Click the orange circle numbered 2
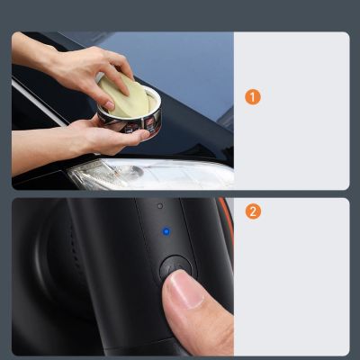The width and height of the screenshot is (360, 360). tap(253, 212)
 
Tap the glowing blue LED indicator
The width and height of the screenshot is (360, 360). tap(166, 231)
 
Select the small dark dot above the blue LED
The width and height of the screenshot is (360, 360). tap(160, 206)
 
